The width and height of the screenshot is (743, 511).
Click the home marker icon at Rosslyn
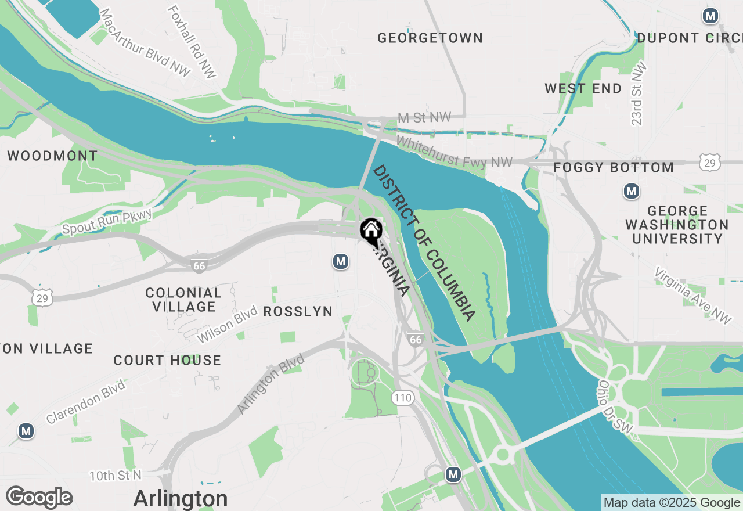(371, 232)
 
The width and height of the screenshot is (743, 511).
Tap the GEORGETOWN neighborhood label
(430, 38)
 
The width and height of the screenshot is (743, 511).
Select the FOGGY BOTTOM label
(614, 168)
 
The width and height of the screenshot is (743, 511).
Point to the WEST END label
(583, 89)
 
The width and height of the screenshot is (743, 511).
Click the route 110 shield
(402, 398)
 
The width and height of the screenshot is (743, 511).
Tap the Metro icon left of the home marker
(341, 262)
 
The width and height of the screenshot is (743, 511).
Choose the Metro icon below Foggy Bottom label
(631, 190)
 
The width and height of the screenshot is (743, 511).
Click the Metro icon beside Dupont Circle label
(710, 16)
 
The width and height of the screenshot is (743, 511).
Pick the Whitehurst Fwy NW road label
(455, 152)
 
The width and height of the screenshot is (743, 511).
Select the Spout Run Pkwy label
(107, 222)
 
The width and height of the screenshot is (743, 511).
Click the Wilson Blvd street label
(226, 326)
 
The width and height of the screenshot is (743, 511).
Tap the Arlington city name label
(180, 499)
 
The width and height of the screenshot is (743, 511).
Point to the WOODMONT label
(52, 156)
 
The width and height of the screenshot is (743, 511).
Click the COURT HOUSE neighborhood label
(167, 361)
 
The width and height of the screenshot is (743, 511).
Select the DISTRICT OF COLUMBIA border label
(424, 243)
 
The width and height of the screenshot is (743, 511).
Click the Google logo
(39, 498)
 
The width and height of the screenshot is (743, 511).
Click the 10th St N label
(116, 476)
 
